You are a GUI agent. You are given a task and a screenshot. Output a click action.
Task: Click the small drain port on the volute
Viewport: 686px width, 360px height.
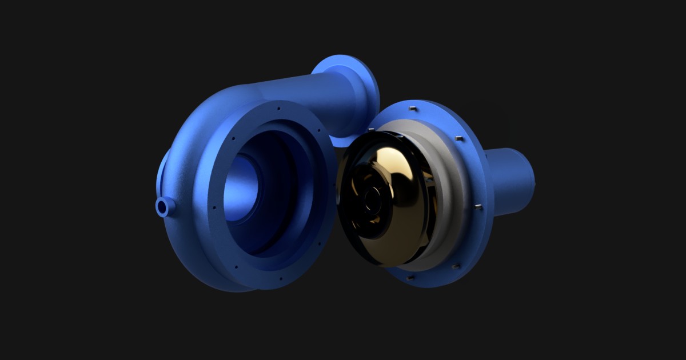point(163,207)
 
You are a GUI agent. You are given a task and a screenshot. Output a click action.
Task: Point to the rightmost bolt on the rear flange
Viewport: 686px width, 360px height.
point(477,206)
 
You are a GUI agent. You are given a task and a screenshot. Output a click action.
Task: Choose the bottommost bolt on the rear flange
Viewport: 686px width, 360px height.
point(409,278)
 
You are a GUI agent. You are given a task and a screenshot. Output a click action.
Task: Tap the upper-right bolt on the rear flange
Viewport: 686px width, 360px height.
point(458,138)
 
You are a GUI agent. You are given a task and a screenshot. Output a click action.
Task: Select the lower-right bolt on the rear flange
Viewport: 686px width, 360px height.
point(454,266)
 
